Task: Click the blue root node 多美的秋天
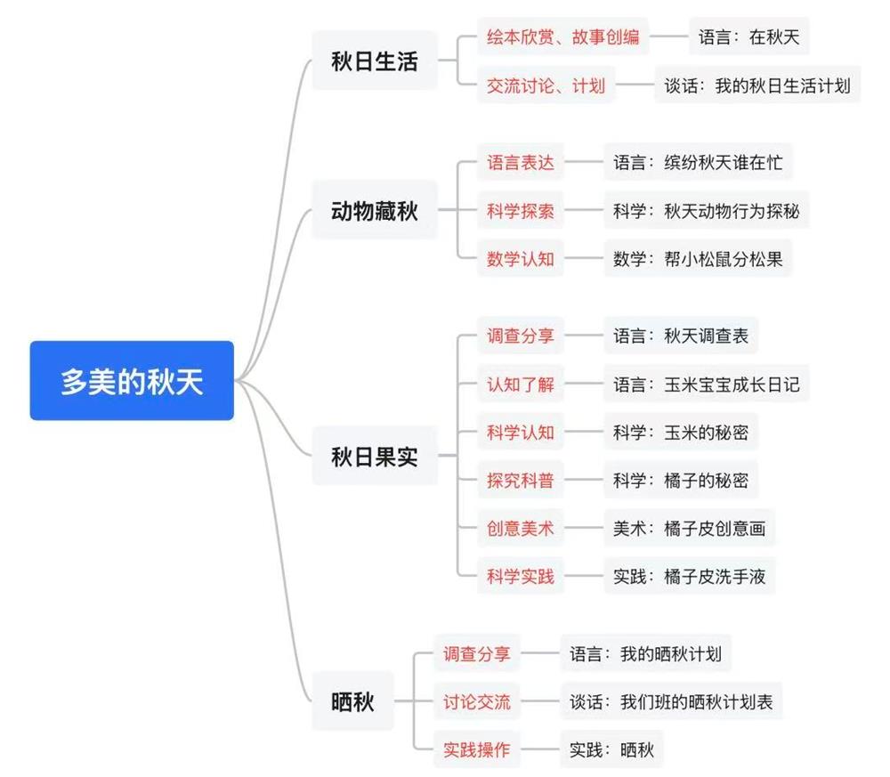[x=132, y=380]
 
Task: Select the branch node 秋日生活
[x=374, y=61]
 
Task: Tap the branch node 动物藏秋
[x=374, y=211]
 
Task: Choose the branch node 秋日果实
[x=374, y=457]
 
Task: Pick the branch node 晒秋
[x=352, y=701]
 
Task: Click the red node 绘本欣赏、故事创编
[x=562, y=37]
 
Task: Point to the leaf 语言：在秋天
[x=748, y=37]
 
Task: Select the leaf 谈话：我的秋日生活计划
[x=757, y=85]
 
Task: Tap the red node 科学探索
[x=520, y=211]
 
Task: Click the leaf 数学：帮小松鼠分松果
[x=697, y=259]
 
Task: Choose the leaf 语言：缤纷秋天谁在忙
[x=697, y=163]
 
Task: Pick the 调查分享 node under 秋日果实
[x=520, y=336]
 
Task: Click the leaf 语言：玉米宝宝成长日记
[x=706, y=384]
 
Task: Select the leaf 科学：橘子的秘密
[x=680, y=481]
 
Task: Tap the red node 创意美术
[x=520, y=529]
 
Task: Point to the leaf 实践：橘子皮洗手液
[x=688, y=576]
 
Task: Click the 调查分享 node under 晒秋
[x=477, y=654]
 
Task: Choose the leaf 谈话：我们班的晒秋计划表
[x=671, y=701]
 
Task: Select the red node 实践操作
[x=477, y=749]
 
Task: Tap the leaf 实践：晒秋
[x=611, y=749]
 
